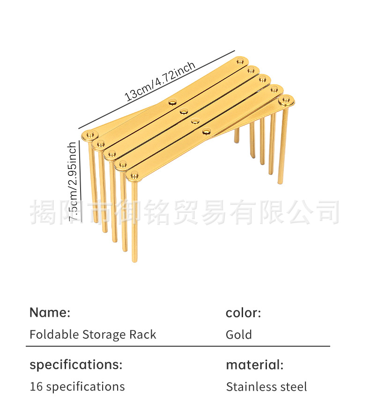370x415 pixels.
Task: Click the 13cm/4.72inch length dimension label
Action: [160, 81]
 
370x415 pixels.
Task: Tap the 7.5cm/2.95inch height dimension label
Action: [73, 182]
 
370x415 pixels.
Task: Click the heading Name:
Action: [50, 313]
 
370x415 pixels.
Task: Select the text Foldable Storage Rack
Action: [93, 335]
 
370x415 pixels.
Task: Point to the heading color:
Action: [243, 313]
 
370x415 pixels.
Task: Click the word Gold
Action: [239, 335]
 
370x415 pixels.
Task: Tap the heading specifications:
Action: [76, 364]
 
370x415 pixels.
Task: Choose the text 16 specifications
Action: [77, 387]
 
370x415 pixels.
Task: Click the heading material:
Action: [255, 364]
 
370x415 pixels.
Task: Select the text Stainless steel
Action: [266, 387]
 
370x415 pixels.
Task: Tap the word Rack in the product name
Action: [144, 335]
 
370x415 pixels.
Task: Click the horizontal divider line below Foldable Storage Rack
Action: [178, 346]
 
